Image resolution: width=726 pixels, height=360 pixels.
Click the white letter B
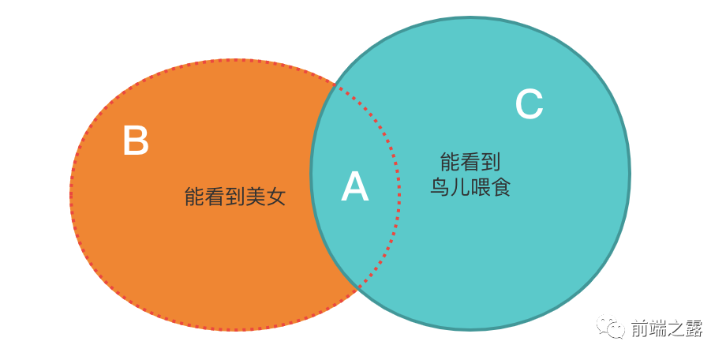click(x=136, y=141)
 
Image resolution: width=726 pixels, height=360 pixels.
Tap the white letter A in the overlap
click(x=354, y=188)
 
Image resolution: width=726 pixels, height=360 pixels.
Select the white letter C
click(x=529, y=104)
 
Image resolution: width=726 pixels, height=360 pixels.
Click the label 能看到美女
click(x=234, y=197)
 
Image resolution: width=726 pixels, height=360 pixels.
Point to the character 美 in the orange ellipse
click(x=255, y=197)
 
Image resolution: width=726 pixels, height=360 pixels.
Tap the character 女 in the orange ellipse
click(x=275, y=197)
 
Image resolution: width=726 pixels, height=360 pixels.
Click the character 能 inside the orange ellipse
click(x=194, y=197)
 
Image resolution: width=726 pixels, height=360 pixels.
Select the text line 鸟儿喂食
click(x=470, y=188)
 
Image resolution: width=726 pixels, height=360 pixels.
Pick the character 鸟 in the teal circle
click(x=440, y=188)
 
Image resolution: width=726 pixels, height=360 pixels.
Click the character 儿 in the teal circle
click(x=460, y=188)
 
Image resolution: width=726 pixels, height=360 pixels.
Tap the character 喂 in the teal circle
click(x=481, y=188)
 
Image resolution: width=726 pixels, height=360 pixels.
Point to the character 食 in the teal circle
click(x=501, y=188)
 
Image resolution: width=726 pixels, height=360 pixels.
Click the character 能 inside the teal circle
click(x=450, y=163)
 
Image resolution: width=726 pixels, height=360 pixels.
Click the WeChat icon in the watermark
click(x=611, y=327)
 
